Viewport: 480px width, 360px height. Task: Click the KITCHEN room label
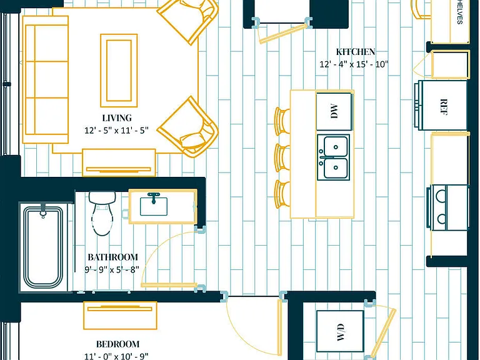point(356,52)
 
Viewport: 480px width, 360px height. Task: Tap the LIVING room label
point(117,118)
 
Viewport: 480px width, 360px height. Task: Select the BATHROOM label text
point(112,257)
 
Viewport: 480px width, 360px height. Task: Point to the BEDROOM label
point(118,344)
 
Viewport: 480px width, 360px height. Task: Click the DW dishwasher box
point(334,111)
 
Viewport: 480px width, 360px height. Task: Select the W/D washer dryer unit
point(340,331)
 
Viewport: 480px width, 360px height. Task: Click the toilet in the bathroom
point(102,213)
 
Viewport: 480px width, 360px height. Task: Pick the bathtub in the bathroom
point(43,247)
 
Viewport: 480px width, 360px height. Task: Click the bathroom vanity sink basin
point(154,206)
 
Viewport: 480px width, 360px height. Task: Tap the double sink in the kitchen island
point(334,157)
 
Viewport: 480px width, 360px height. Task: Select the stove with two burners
point(448,207)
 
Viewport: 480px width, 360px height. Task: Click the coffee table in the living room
point(119,71)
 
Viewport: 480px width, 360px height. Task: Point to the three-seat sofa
point(45,79)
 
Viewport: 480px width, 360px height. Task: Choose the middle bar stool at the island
point(282,157)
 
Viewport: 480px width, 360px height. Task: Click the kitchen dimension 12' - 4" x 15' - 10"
point(354,64)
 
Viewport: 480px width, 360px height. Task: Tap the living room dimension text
point(116,131)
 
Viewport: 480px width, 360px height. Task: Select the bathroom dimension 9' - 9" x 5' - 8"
point(112,270)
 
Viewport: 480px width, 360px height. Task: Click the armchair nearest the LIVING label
point(188,127)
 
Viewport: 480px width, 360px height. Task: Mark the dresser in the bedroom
point(120,315)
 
